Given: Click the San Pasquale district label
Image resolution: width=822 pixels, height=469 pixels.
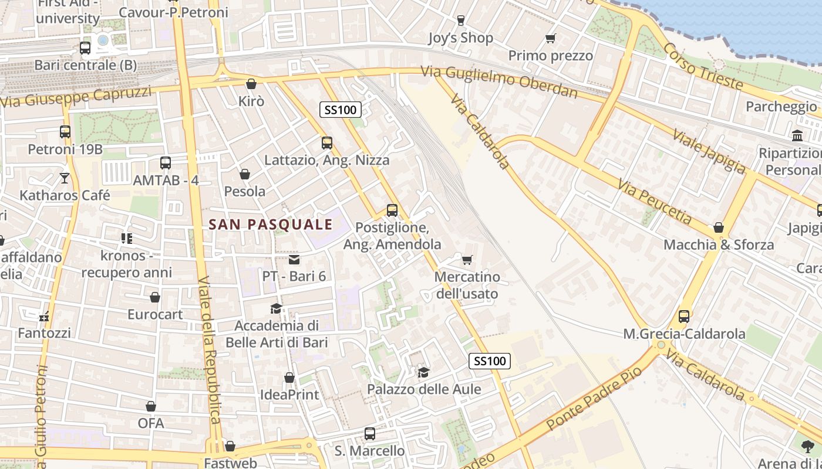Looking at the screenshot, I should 271,224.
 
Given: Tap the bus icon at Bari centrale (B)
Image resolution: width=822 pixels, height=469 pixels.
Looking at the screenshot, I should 85,47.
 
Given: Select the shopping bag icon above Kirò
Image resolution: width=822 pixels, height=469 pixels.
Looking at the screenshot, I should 251,84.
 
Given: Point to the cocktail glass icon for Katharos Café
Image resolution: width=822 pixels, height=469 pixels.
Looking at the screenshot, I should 65,177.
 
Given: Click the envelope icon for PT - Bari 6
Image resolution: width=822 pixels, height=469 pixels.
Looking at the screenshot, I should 294,259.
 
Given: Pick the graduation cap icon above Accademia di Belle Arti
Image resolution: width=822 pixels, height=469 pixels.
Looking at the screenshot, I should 275,308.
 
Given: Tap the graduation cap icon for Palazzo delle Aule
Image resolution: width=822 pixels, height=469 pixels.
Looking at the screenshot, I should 423,372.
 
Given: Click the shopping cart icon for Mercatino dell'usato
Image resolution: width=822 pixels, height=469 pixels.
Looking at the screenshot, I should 467,259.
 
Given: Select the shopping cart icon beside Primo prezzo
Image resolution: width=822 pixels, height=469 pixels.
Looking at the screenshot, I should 550,39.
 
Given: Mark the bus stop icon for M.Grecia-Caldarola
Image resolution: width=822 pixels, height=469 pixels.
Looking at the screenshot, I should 684,317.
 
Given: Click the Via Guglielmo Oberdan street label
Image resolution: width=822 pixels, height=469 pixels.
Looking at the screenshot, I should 499,82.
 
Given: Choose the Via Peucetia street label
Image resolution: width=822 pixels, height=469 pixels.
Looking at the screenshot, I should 654,202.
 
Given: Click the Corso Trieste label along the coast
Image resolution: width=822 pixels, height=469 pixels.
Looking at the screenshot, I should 703,65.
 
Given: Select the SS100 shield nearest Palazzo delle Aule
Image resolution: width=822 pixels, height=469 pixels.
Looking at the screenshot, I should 490,361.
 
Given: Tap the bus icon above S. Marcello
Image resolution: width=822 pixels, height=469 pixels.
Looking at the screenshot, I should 370,434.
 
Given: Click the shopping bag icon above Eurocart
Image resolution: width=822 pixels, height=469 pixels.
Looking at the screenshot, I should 155,297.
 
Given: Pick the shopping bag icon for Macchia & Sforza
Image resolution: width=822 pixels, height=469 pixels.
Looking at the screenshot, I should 718,227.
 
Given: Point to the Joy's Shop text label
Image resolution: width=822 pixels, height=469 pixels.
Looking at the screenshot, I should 460,38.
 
